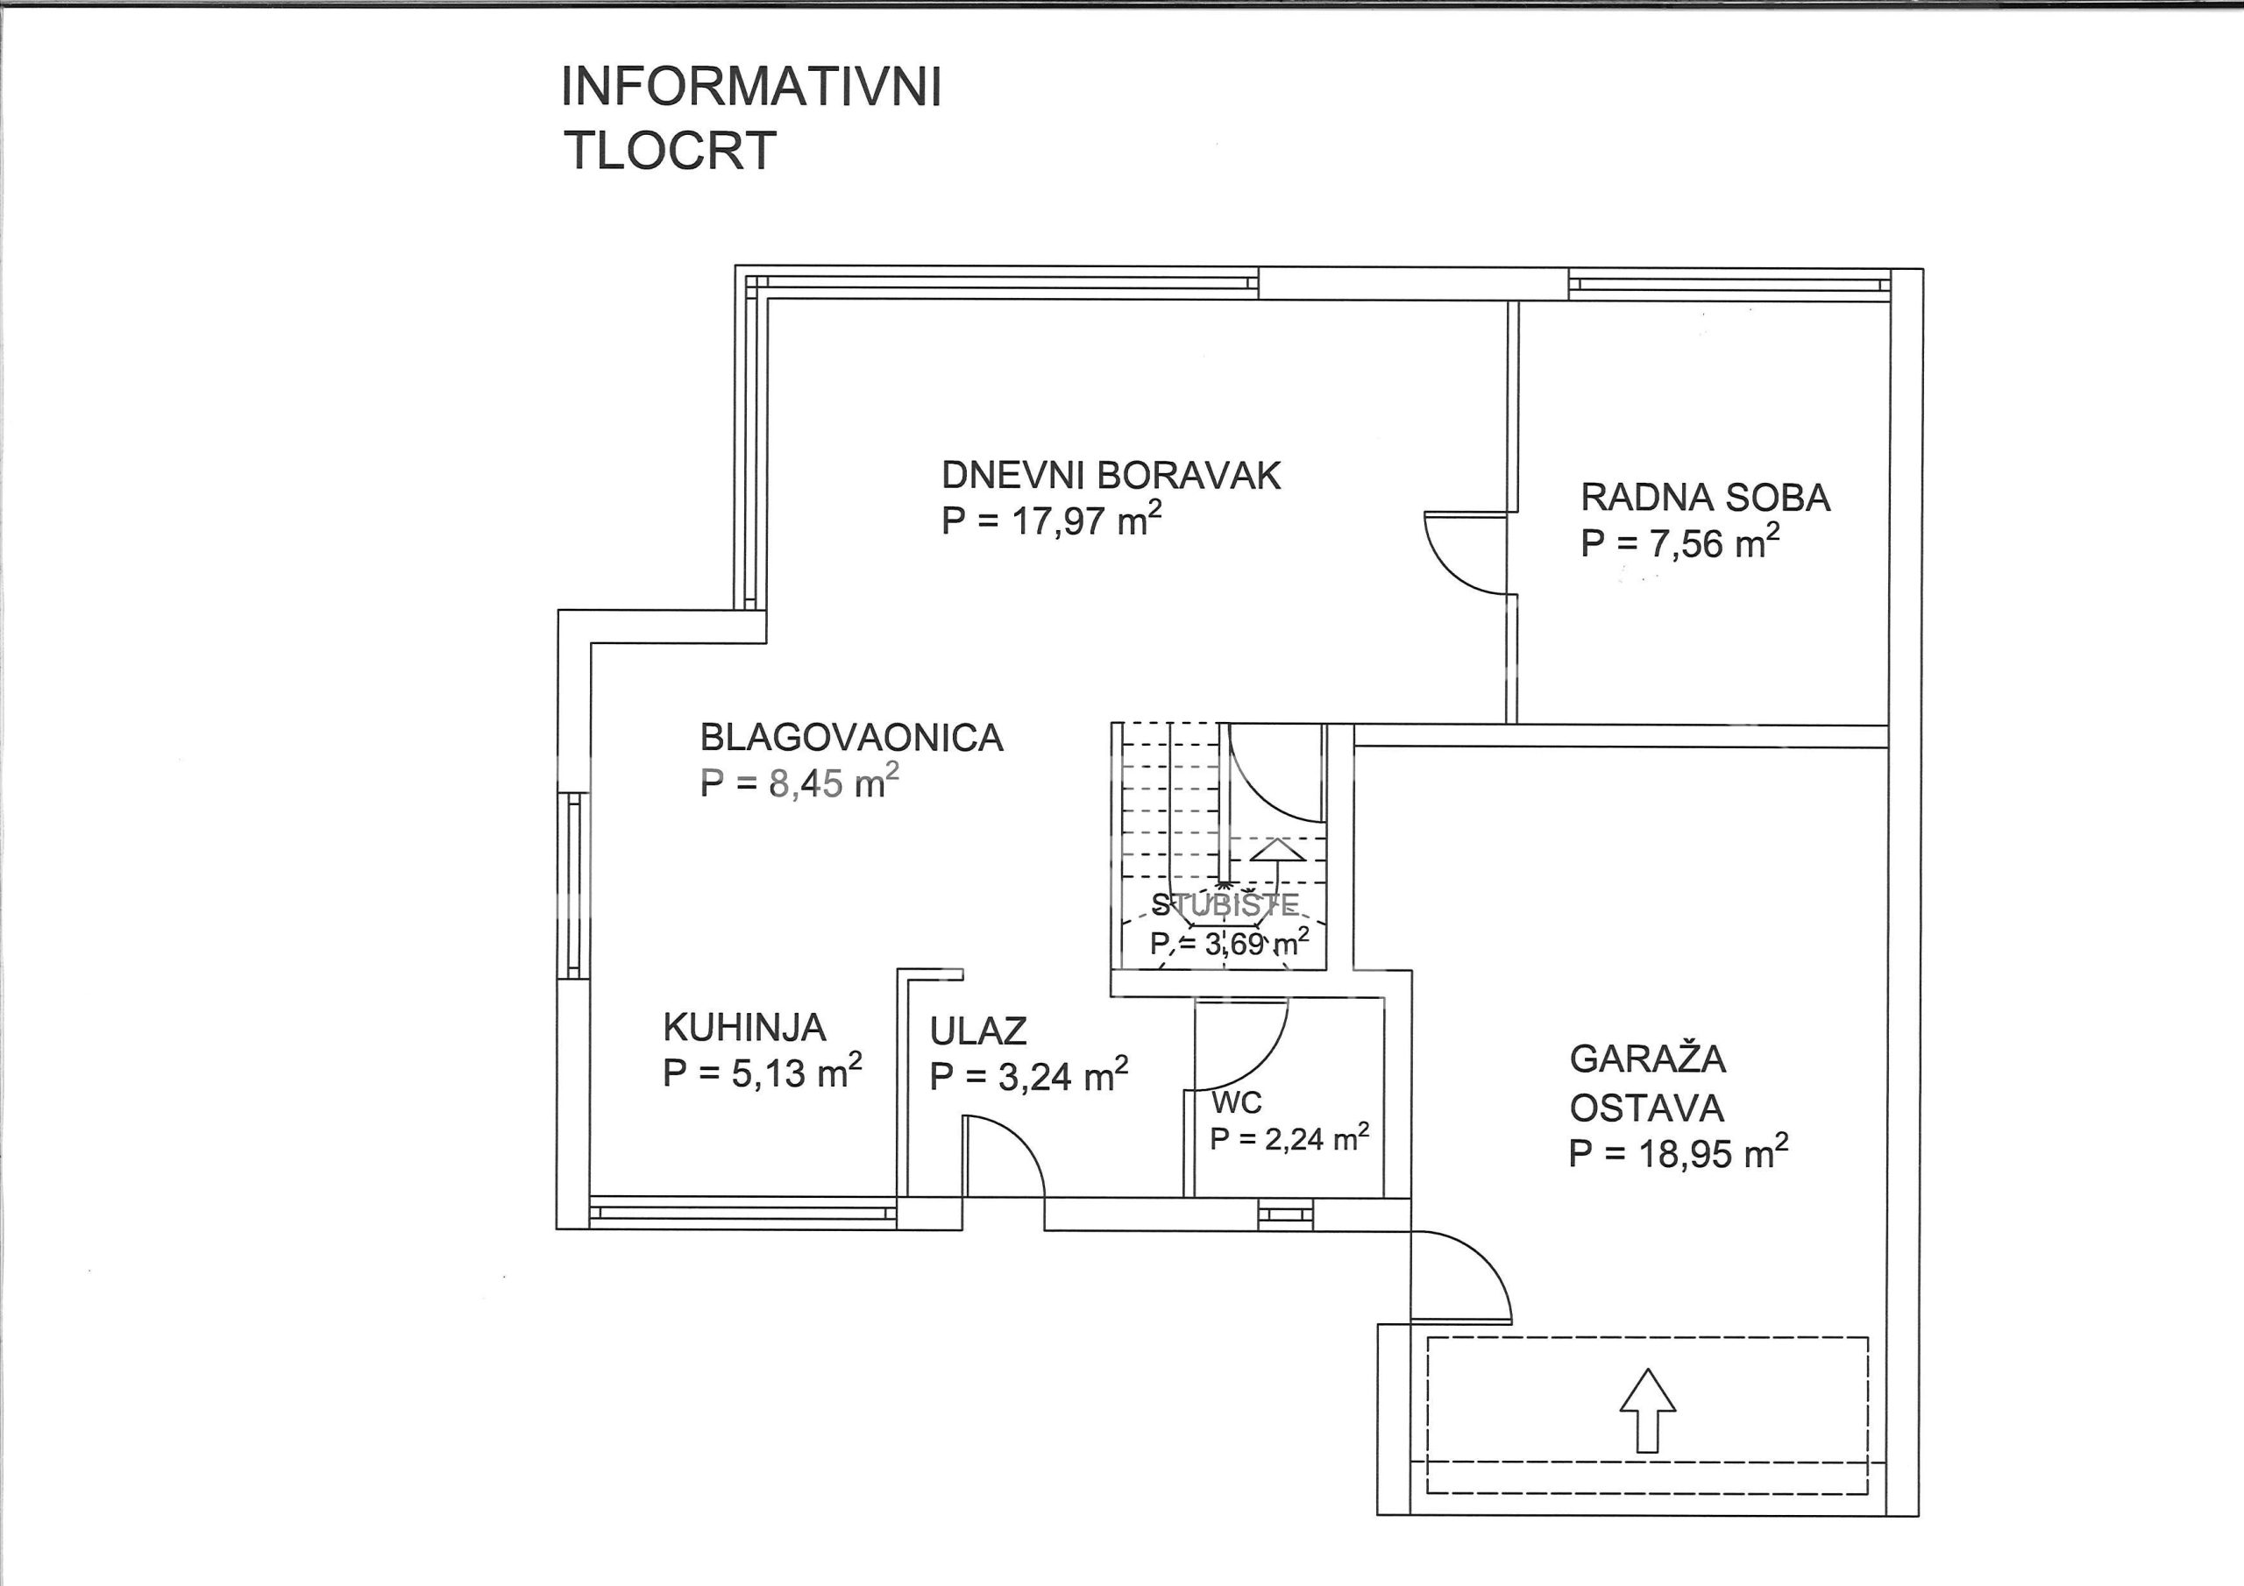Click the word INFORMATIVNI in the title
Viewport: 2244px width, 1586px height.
click(x=751, y=88)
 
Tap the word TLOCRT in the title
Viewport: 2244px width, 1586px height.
click(x=671, y=151)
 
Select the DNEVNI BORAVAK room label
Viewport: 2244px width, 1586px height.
click(x=1111, y=475)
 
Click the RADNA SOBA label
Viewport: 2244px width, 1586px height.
click(x=1706, y=498)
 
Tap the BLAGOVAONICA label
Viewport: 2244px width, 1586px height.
click(x=851, y=737)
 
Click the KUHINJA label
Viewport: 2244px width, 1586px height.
click(x=745, y=1027)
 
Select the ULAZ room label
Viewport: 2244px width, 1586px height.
click(x=978, y=1031)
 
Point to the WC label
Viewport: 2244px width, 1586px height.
click(x=1238, y=1102)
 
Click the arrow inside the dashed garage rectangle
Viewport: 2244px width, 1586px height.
click(x=1648, y=1409)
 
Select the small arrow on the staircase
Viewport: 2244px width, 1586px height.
click(x=1277, y=865)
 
